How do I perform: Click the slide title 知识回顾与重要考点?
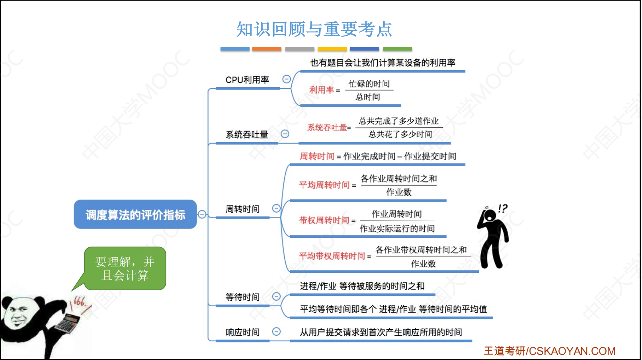[314, 29]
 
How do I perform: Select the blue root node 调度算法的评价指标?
[135, 214]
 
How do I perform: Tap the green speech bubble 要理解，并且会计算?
[125, 268]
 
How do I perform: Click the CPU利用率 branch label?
[247, 80]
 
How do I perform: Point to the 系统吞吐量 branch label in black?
[247, 134]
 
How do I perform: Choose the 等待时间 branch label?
[242, 297]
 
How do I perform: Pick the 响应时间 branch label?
[242, 332]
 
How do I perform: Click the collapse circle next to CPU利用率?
[286, 79]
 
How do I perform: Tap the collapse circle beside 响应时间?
[276, 332]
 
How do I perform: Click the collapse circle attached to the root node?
[202, 214]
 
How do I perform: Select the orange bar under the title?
[267, 49]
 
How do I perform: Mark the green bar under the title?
[397, 49]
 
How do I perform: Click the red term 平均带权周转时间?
[332, 256]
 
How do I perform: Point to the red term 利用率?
[321, 90]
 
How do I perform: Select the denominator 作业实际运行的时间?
[397, 228]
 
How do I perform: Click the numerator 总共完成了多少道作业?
[399, 121]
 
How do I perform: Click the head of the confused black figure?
[490, 215]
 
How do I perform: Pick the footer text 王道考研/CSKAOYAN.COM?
[550, 351]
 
